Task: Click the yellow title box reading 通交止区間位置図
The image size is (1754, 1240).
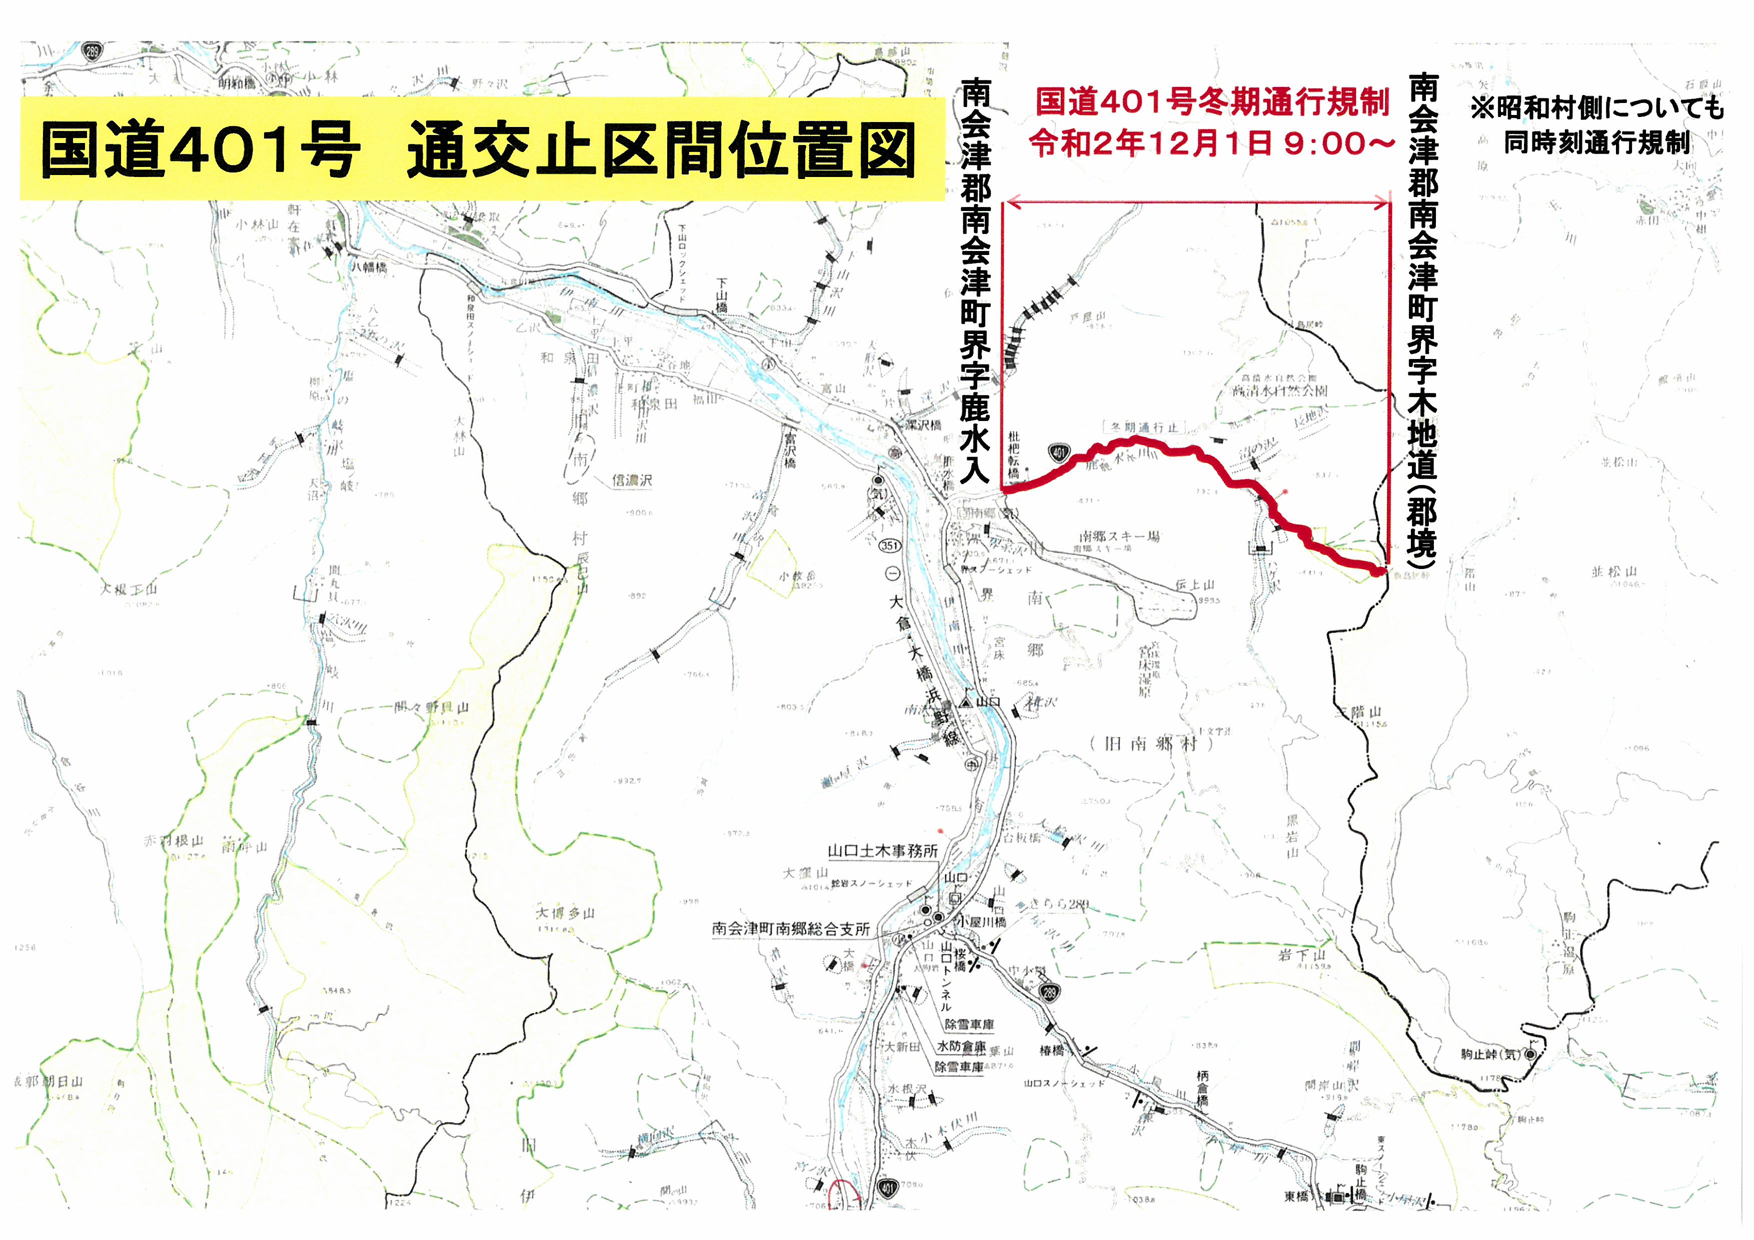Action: tap(481, 149)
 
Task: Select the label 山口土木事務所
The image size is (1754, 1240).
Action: tap(882, 850)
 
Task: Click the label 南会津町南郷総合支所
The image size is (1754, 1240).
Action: tap(791, 928)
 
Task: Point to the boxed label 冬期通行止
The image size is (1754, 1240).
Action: tap(1144, 427)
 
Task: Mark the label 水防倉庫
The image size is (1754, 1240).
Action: tap(961, 1046)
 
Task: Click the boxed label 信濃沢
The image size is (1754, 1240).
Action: tap(632, 480)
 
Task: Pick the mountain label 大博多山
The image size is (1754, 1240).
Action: tap(565, 912)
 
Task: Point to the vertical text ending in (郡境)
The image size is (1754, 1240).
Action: tap(1422, 320)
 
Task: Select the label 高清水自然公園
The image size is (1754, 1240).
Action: tap(1279, 390)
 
